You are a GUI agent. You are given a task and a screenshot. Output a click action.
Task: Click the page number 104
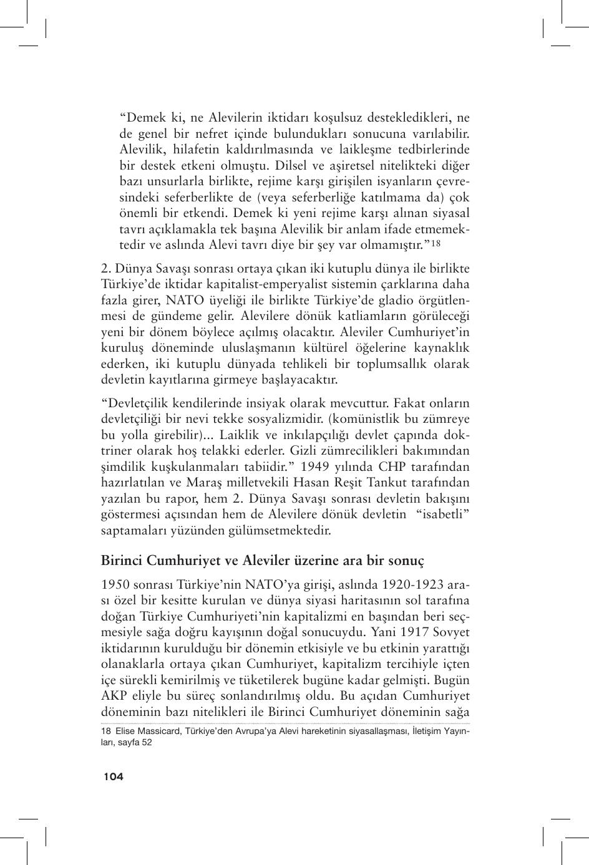coord(113,776)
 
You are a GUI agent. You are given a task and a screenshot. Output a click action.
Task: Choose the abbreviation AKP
coord(114,695)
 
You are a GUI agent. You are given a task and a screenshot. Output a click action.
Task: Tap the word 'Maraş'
coord(224,482)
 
